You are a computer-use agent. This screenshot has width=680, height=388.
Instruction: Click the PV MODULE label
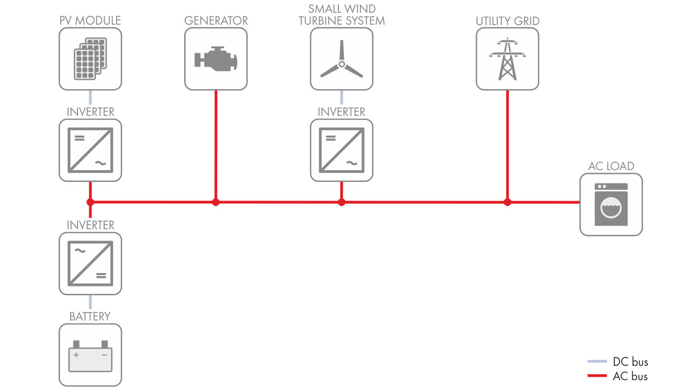[x=90, y=21]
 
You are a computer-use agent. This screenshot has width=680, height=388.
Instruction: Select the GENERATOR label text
[x=216, y=21]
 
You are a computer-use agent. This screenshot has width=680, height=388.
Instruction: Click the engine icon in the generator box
[x=216, y=60]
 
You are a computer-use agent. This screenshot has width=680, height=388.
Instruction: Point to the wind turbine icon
[x=341, y=61]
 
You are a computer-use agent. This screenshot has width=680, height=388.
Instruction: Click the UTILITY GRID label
[x=507, y=21]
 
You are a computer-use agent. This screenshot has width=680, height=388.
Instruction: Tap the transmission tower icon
[x=507, y=59]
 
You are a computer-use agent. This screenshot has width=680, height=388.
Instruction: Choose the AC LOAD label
[x=611, y=166]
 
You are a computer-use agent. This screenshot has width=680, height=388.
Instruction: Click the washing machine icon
[x=611, y=205]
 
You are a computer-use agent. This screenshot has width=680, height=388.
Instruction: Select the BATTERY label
[x=90, y=317]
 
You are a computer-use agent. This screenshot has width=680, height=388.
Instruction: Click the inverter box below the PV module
[x=90, y=150]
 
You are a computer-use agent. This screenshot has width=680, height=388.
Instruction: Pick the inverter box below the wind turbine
[x=341, y=150]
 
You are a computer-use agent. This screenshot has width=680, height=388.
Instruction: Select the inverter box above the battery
[x=90, y=263]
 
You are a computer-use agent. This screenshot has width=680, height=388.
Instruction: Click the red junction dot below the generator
[x=215, y=202]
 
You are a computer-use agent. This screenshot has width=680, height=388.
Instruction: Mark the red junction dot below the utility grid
[x=507, y=202]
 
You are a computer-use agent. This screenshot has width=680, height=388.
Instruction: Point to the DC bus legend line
[x=597, y=362]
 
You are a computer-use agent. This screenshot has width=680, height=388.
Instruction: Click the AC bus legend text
[x=630, y=377]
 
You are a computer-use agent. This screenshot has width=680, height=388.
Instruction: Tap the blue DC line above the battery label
[x=90, y=302]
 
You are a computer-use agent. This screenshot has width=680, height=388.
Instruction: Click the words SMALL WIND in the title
[x=341, y=9]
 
